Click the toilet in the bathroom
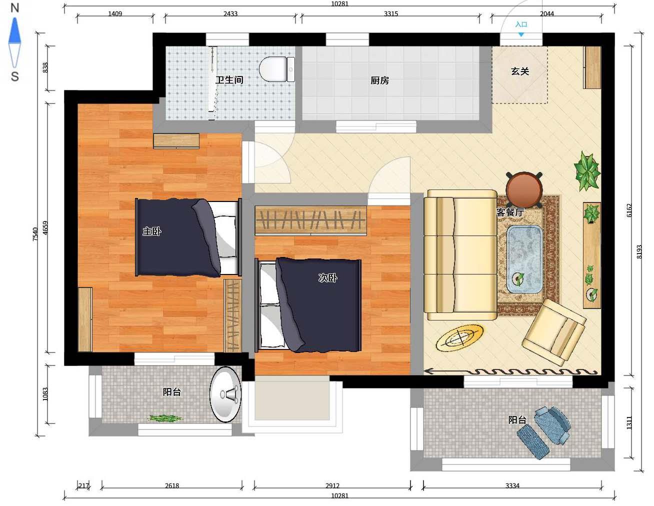point(277,69)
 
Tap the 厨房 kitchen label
point(379,80)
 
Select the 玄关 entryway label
point(520,71)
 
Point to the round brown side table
point(524,189)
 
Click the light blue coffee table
point(524,259)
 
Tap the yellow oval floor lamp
point(460,338)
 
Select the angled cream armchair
point(554,332)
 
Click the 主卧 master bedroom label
point(151,231)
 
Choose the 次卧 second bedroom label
point(328,277)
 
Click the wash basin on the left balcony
point(225,394)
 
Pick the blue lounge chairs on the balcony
point(543,432)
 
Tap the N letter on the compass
point(14,8)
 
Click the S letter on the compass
point(14,76)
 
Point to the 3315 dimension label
point(391,13)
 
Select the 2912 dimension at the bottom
point(332,485)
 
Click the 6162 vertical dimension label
point(629,210)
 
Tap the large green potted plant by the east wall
point(587,171)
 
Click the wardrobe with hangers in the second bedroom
point(310,220)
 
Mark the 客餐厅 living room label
point(510,212)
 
